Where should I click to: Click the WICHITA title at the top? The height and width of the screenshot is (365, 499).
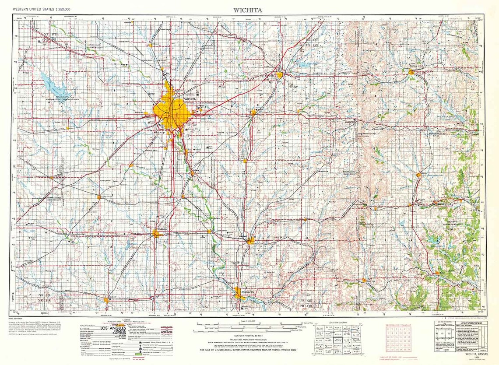pyautogui.click(x=249, y=8)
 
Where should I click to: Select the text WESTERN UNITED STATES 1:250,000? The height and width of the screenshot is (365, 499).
pyautogui.click(x=42, y=9)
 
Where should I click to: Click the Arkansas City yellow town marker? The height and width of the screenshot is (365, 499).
pyautogui.click(x=238, y=292)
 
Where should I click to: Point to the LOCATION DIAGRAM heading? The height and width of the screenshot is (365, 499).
pyautogui.click(x=337, y=322)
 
